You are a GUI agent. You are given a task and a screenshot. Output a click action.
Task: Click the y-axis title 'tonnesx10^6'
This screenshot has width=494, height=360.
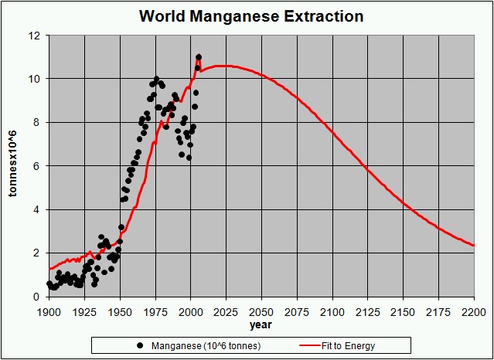point(13,165)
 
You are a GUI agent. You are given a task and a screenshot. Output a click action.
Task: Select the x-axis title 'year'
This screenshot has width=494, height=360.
point(260,324)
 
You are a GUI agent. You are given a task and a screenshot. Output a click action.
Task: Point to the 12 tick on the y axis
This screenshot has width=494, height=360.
point(35,36)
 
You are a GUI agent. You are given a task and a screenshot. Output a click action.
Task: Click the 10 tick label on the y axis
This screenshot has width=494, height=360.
point(35,79)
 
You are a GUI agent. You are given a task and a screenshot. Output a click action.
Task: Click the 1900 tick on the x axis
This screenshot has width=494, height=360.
point(48,311)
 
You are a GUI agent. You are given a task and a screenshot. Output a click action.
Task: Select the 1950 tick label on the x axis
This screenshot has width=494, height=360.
point(119,311)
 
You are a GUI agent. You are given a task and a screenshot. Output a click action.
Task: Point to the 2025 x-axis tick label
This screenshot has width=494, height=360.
point(226,311)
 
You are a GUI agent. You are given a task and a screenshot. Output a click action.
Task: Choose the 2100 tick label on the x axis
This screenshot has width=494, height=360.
point(332,311)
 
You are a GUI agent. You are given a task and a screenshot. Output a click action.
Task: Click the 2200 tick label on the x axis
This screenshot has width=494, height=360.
point(474,311)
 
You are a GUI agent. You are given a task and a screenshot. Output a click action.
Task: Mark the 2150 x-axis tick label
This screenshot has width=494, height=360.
point(403,311)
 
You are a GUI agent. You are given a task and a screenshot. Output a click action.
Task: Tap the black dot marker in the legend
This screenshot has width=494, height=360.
point(140,345)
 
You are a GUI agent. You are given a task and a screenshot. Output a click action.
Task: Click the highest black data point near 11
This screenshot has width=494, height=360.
point(199,57)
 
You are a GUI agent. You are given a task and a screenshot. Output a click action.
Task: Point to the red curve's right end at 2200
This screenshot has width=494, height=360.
point(473,246)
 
